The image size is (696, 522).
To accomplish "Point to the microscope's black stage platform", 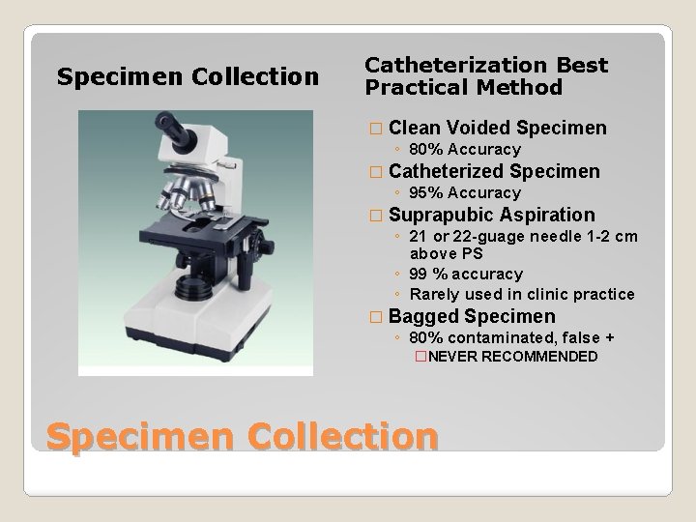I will coord(198,231).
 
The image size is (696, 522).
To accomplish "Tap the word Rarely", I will coord(434,294).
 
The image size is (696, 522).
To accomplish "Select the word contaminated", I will coord(501,337).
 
